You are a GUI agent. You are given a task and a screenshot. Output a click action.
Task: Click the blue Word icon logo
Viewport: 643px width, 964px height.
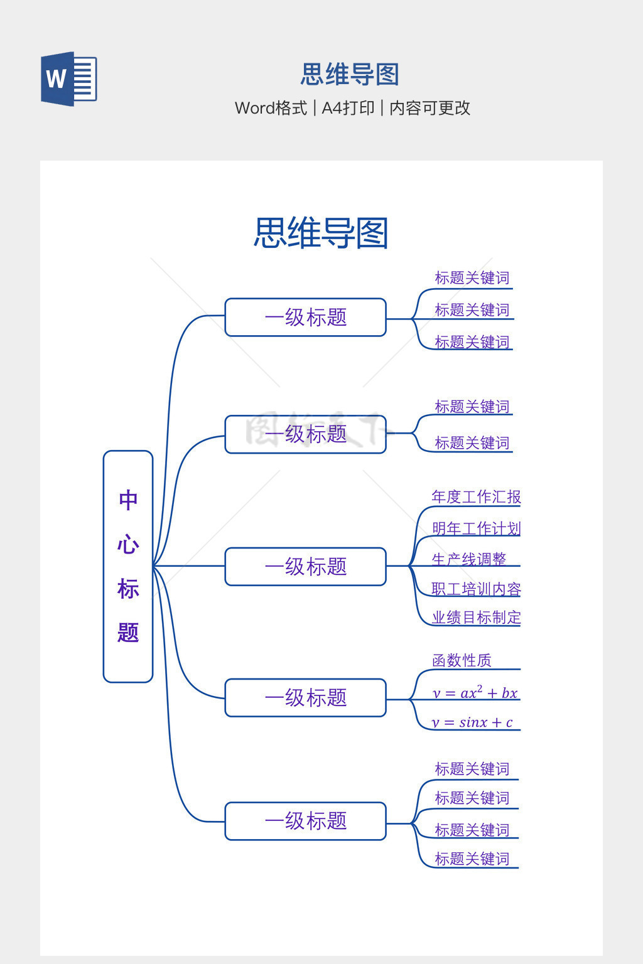coord(68,79)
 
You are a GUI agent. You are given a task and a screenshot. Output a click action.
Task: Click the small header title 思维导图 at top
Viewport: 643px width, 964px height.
coord(350,74)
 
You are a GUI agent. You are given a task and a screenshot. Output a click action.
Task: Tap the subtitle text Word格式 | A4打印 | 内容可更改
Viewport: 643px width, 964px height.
coord(352,108)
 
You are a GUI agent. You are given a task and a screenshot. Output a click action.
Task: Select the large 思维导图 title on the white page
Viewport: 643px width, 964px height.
coord(321,233)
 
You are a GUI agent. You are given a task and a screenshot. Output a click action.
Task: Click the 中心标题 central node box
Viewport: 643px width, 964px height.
coord(128,566)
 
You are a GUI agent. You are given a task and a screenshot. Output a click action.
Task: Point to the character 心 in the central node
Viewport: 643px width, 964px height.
coord(128,544)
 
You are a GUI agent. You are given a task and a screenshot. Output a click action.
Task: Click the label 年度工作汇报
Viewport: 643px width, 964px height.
coord(476,497)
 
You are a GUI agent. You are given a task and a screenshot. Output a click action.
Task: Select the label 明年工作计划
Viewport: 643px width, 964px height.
coord(476,528)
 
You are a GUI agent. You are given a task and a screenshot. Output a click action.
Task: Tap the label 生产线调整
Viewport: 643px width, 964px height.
coord(468,559)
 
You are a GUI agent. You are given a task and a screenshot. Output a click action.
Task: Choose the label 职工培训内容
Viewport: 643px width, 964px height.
coord(476,589)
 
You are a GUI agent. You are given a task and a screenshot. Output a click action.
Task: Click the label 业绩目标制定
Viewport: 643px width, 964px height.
coord(476,618)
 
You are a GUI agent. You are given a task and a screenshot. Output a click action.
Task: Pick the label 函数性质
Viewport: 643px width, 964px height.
coord(462,660)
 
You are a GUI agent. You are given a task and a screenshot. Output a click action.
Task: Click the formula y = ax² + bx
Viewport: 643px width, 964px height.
coord(475,693)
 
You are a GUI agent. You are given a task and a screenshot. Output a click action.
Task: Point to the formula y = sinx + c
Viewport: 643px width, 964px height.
coord(472,722)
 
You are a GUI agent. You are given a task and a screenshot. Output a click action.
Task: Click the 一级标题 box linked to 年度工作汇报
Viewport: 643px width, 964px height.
coord(306,567)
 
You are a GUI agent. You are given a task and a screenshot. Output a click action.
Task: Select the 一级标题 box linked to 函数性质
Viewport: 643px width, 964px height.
coord(306,697)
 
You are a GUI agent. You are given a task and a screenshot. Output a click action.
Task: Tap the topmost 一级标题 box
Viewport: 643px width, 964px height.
coord(306,317)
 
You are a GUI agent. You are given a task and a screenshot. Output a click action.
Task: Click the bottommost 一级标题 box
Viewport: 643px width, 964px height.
coord(306,821)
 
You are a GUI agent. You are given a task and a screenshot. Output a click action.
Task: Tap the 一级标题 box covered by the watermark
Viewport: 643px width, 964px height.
coord(306,434)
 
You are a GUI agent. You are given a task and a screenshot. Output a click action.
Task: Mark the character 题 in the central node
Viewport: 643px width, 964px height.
coord(128,633)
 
